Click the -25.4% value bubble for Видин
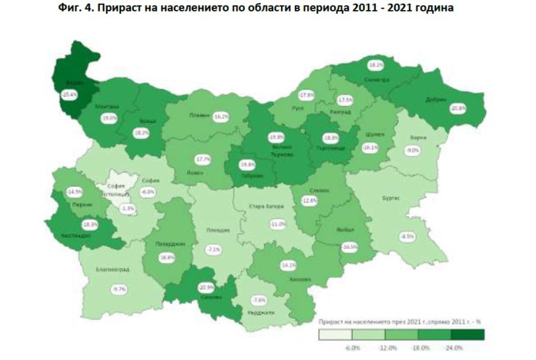click(x=70, y=94)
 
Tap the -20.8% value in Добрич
click(x=458, y=108)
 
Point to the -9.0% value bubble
click(x=412, y=150)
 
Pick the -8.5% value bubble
click(x=406, y=236)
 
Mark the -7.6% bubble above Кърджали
click(x=258, y=300)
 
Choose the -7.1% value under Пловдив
click(x=213, y=249)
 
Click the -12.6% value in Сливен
click(x=310, y=201)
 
